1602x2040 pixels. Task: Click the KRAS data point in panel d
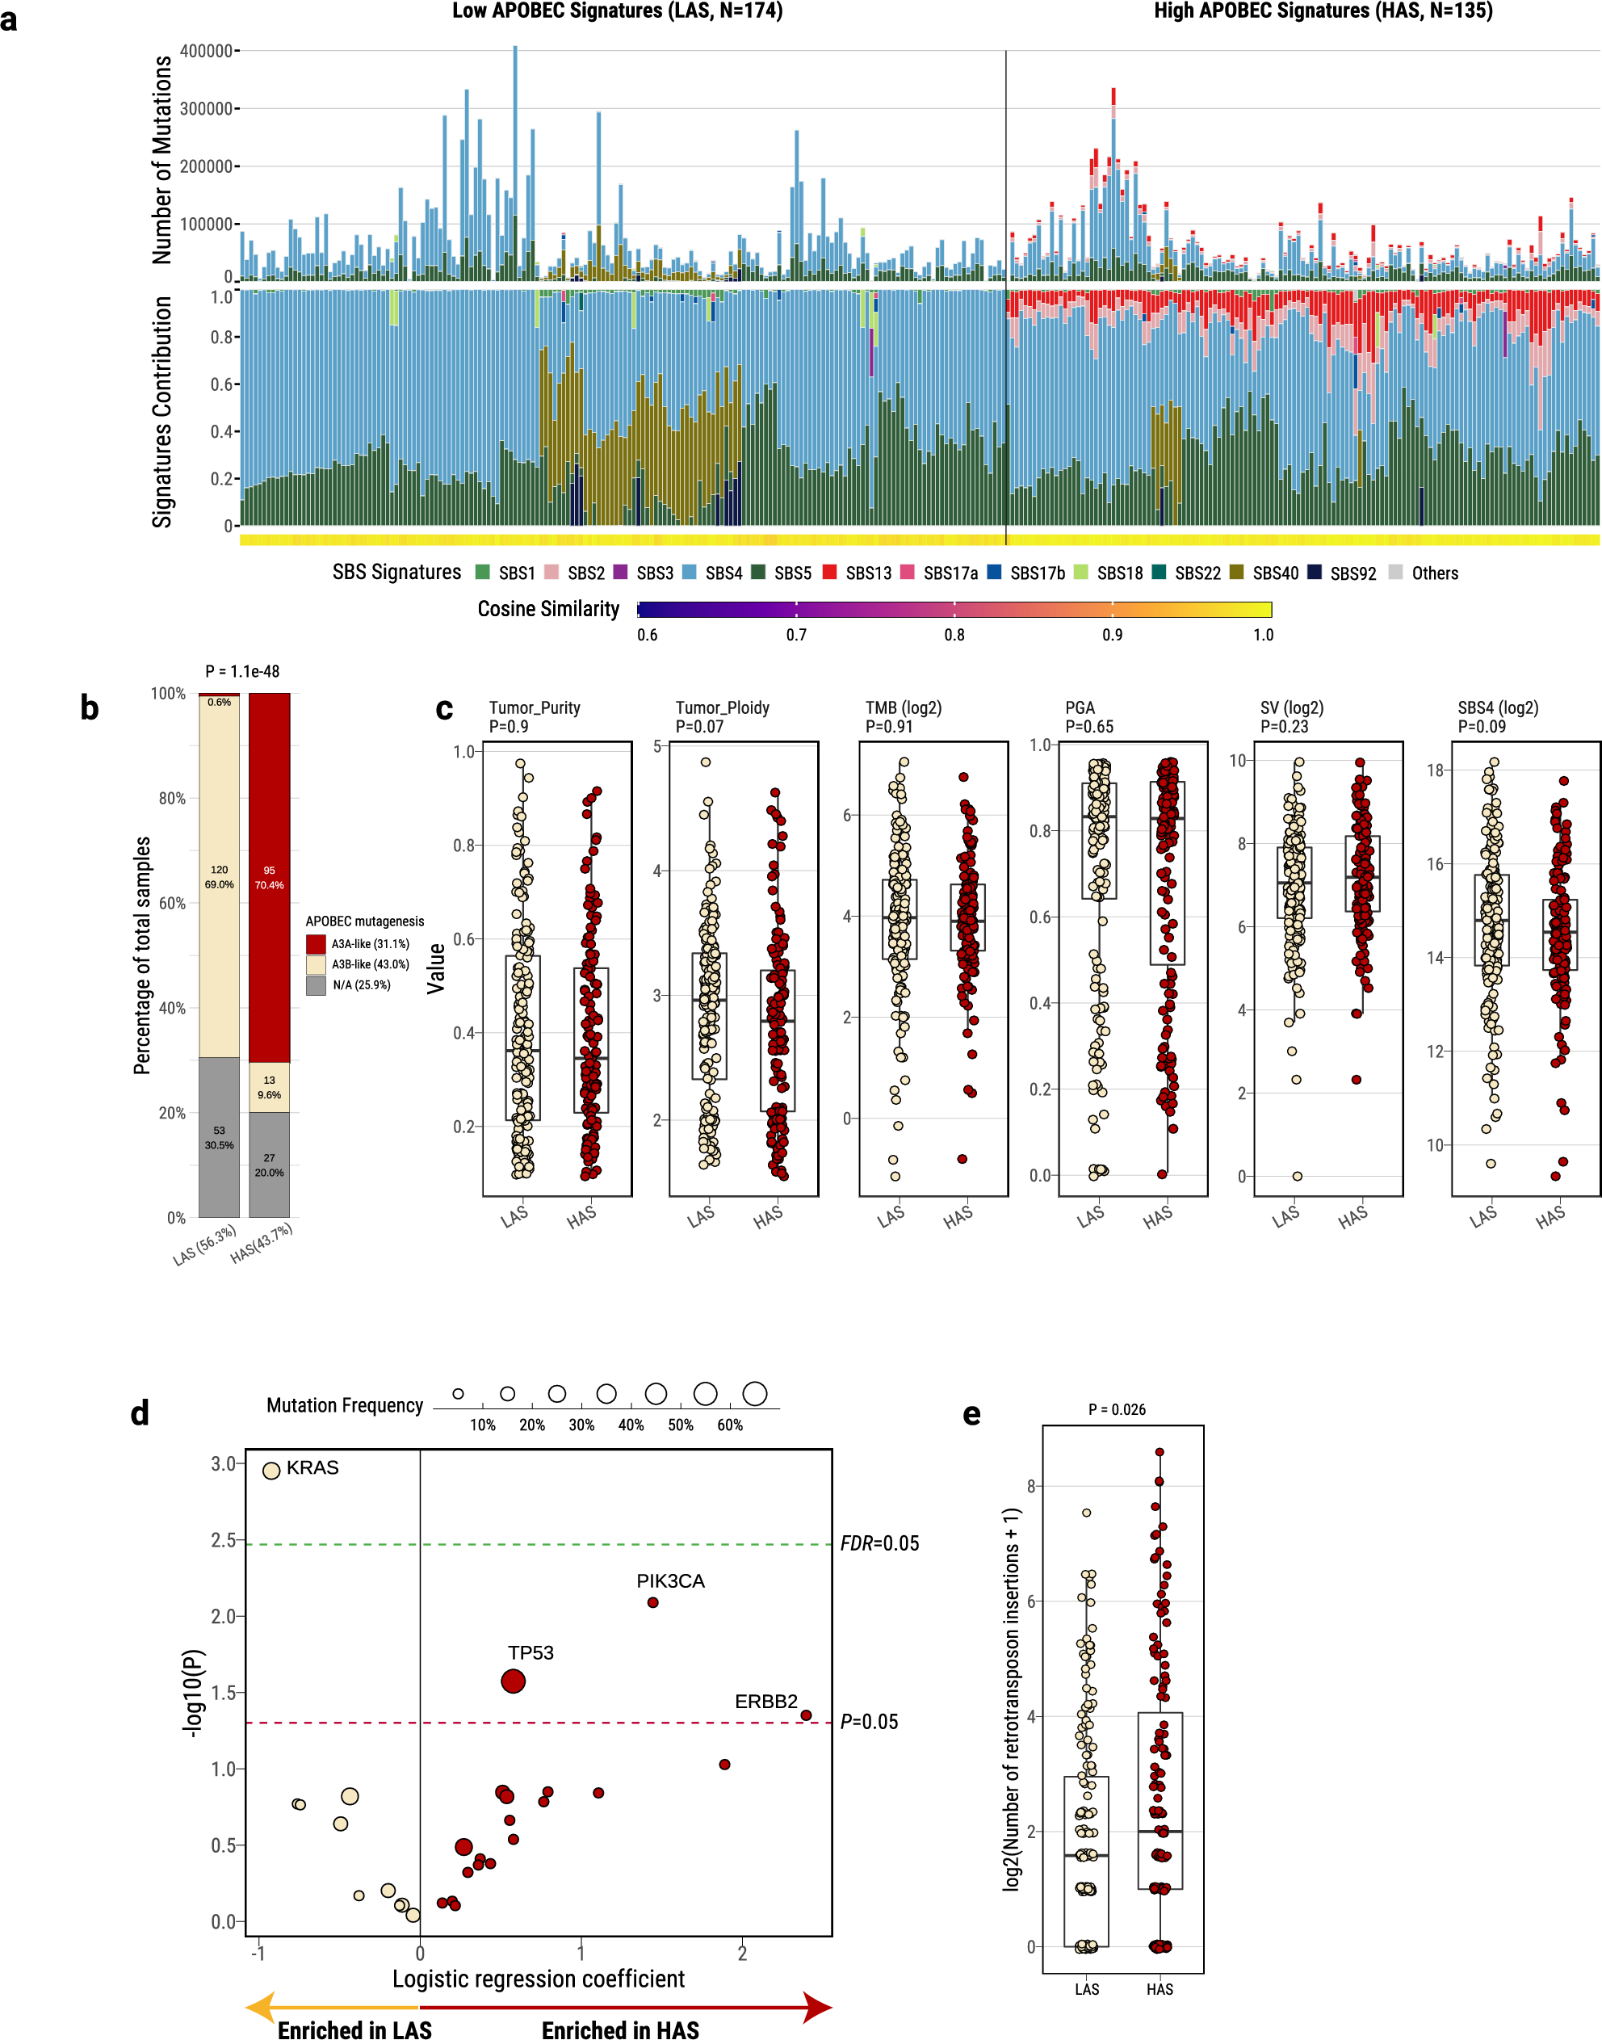tap(271, 1470)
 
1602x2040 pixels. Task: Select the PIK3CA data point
tap(652, 1602)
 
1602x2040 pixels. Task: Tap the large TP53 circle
tap(513, 1681)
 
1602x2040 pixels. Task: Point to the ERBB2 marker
tap(806, 1715)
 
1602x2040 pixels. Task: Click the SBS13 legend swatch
tap(829, 572)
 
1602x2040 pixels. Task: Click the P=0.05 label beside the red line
tap(869, 1721)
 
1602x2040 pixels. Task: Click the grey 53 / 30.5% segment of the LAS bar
tap(219, 1137)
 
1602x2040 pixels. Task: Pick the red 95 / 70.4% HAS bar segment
tap(269, 877)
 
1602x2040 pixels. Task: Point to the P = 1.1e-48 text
tap(242, 672)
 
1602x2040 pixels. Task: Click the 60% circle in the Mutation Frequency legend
tap(754, 1394)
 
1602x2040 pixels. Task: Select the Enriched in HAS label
tap(620, 2030)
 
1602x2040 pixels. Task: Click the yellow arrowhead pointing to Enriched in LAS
tap(260, 2007)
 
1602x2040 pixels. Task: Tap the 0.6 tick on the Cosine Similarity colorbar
tap(647, 635)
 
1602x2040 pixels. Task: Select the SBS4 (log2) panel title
tap(1497, 708)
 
